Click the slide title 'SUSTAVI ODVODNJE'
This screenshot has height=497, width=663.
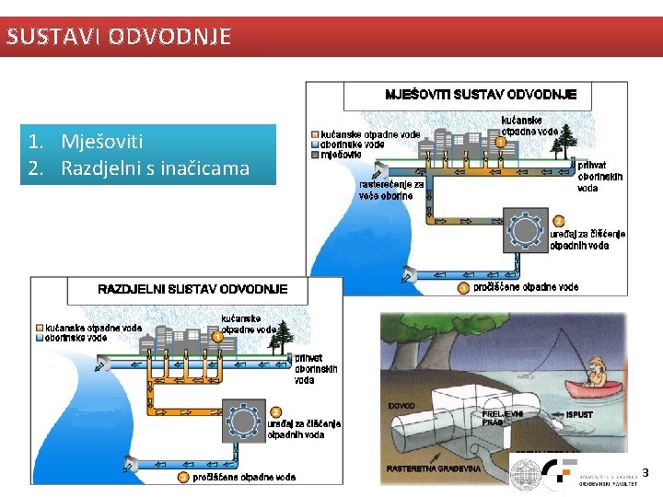(117, 37)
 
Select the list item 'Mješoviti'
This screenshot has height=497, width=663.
(101, 142)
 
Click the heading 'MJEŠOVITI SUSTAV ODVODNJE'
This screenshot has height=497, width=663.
(481, 94)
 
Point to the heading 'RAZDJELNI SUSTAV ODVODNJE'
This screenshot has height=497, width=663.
(192, 289)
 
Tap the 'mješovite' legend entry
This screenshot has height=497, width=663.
(341, 155)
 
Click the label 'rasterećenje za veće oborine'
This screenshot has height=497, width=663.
(391, 190)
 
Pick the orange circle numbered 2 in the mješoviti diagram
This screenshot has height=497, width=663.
(558, 221)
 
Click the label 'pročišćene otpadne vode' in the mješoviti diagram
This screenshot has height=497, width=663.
(526, 287)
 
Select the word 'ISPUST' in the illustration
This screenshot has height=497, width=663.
(579, 415)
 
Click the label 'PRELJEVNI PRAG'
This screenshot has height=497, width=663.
(503, 419)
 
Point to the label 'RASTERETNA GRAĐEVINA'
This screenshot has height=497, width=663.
(434, 468)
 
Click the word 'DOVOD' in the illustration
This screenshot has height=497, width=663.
(401, 406)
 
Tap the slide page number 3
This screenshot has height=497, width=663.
(645, 473)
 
